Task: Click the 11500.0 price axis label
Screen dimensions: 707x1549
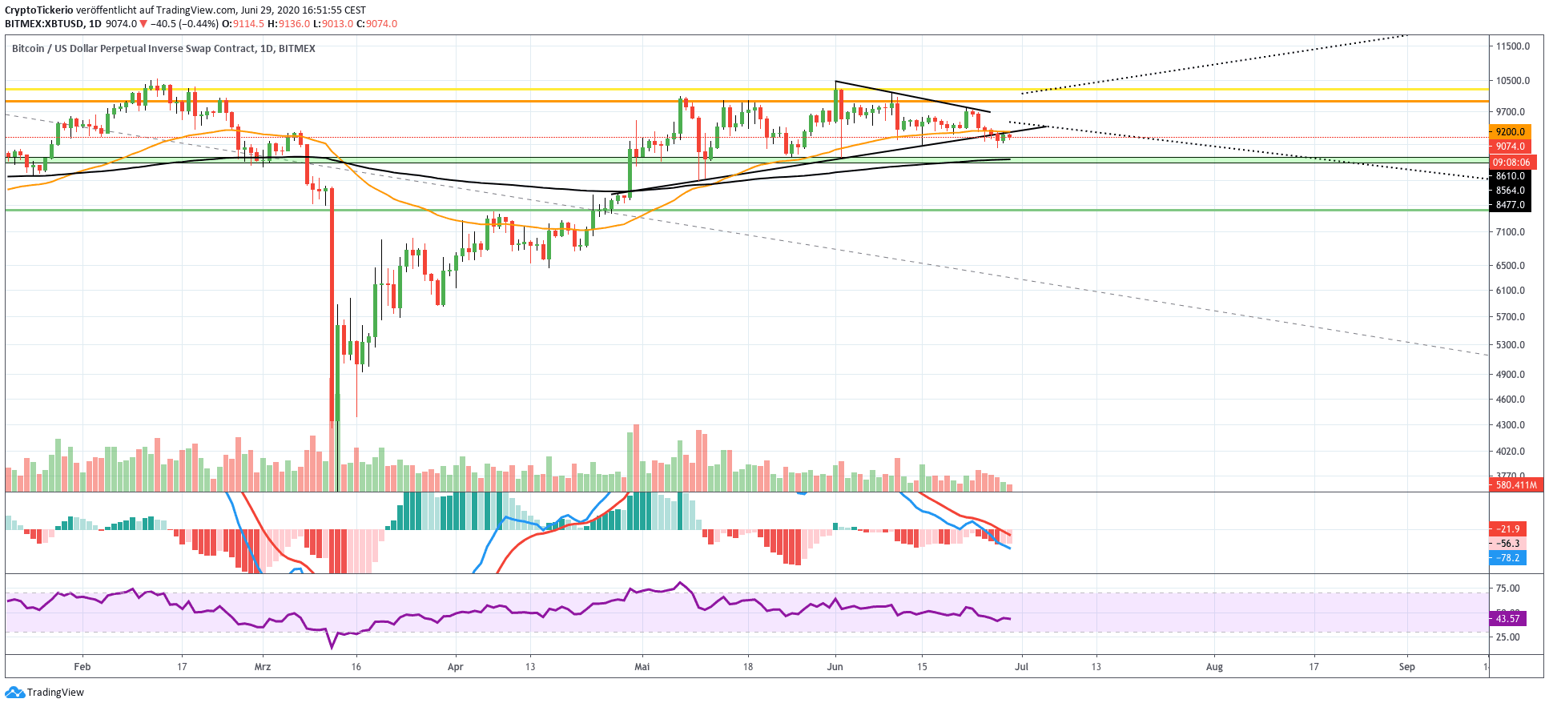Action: (1512, 46)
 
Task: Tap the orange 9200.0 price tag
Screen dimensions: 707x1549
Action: (1510, 132)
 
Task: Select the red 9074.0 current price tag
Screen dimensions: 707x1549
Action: (1510, 147)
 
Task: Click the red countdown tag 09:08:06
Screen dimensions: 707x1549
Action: (1510, 163)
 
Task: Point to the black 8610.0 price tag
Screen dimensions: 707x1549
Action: (1510, 176)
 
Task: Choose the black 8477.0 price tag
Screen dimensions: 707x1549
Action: (1510, 205)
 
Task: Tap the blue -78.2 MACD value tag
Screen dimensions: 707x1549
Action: (1508, 558)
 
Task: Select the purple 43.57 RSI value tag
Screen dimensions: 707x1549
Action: (1507, 619)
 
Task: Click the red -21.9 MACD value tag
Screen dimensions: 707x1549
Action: (1508, 529)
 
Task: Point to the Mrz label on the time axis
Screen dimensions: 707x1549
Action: (262, 666)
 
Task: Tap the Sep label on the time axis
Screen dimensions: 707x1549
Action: (1406, 666)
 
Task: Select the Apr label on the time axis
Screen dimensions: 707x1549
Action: (455, 666)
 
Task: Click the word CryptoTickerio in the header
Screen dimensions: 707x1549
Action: (39, 10)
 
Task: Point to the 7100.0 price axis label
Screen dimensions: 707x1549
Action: (1510, 232)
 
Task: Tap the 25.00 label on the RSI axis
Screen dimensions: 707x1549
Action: (1507, 637)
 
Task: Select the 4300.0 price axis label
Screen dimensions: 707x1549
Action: (1510, 425)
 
